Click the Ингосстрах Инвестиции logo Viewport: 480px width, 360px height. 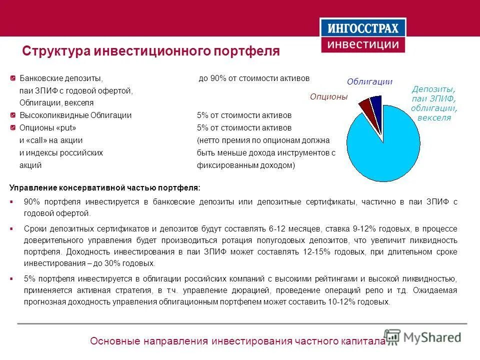click(x=363, y=35)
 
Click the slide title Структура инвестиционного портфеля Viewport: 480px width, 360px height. click(x=151, y=51)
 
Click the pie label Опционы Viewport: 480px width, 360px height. click(x=328, y=96)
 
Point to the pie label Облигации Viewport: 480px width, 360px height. click(x=369, y=81)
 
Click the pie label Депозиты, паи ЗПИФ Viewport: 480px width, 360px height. click(x=433, y=103)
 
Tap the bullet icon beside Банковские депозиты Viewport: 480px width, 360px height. click(x=12, y=79)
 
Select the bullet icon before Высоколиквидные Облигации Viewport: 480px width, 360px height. click(x=12, y=115)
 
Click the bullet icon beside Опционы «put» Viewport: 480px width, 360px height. click(x=12, y=128)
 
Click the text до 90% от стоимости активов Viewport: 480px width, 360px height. click(x=254, y=79)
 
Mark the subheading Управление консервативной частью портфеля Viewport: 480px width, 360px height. click(x=105, y=188)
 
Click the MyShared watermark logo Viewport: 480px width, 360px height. click(x=422, y=337)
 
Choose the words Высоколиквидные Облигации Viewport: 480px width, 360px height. click(x=75, y=115)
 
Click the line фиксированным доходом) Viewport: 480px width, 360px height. click(x=246, y=165)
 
